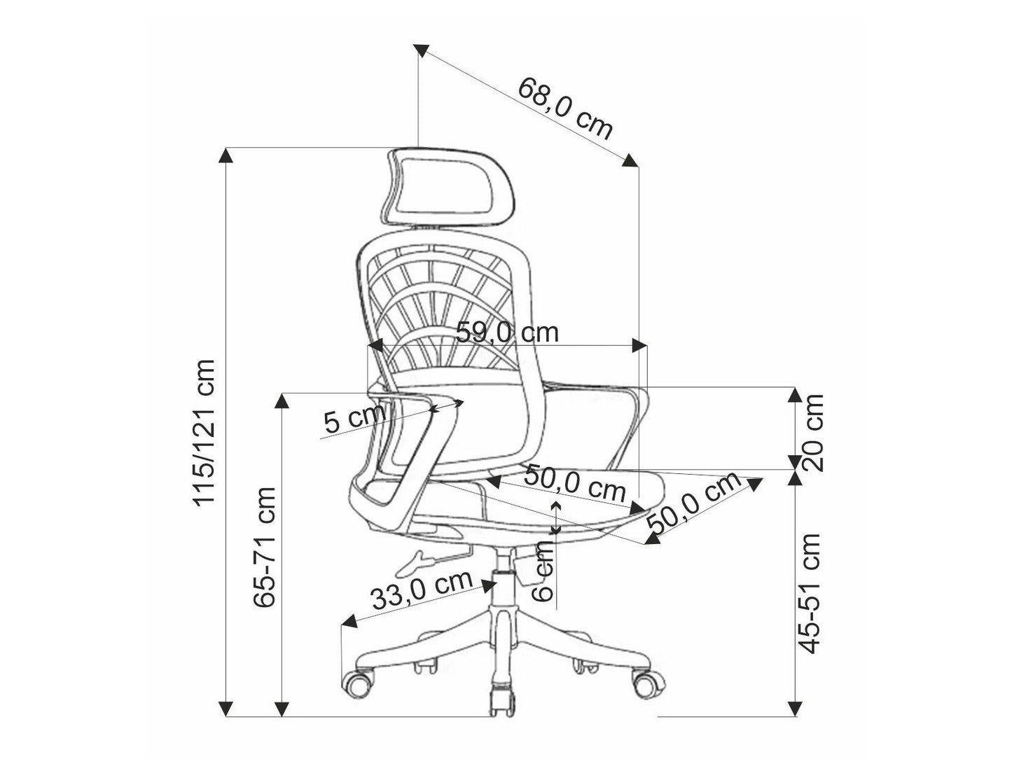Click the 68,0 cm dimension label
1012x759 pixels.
564,109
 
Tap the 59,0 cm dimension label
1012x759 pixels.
507,333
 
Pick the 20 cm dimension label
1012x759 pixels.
812,432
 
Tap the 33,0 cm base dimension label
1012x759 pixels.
422,590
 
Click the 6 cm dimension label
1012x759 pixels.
543,571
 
